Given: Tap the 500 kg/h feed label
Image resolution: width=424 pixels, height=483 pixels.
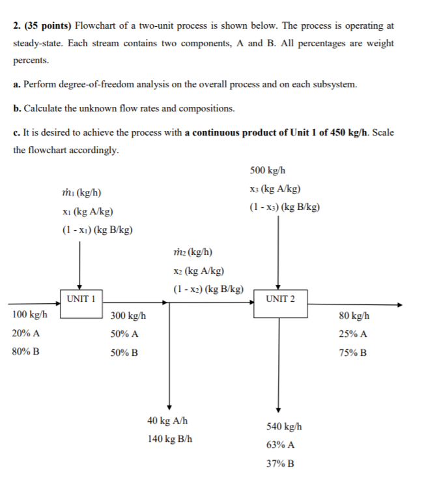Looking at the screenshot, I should pos(267,171).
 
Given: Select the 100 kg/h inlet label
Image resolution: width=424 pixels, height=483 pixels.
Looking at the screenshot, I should pos(29,315).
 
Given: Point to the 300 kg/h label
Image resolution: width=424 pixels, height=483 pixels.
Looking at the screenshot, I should pos(128,315).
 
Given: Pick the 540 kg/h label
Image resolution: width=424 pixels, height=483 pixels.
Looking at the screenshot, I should pos(284,427).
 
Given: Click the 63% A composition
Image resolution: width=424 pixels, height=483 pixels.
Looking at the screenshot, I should pos(281,446).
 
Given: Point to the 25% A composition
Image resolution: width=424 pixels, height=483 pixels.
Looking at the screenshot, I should pos(352,334).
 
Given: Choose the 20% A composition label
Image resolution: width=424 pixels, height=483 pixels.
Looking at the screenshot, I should pos(26,333).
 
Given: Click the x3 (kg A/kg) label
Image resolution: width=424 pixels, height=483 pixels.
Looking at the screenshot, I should pos(275,189).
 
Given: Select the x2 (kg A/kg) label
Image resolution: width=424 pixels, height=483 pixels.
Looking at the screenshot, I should pos(200,271).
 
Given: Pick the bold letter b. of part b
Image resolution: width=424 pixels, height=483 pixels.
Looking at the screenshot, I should pos(16,108).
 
